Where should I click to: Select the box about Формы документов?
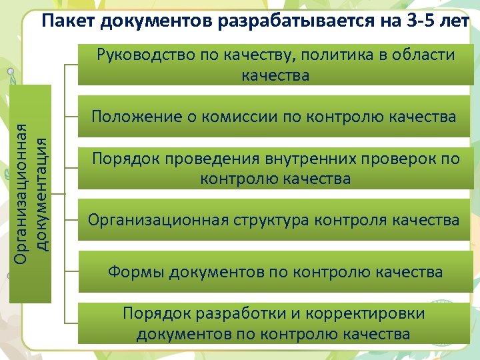click(274, 272)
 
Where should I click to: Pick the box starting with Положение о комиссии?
click(274, 117)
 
